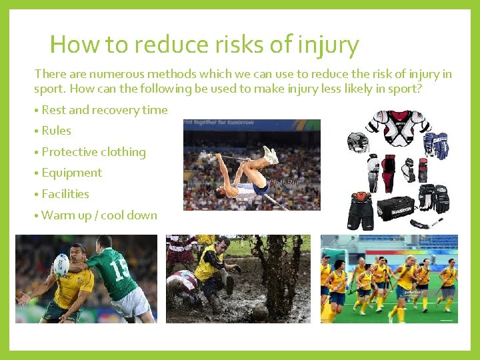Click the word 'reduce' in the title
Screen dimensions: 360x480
pos(164,45)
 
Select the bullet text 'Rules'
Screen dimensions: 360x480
pos(56,131)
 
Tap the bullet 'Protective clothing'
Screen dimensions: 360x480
pos(93,152)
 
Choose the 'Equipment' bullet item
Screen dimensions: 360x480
pos(71,173)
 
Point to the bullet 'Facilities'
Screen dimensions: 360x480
pos(65,194)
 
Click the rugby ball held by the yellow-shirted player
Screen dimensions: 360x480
pos(61,265)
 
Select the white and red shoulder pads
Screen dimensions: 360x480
pos(398,129)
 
